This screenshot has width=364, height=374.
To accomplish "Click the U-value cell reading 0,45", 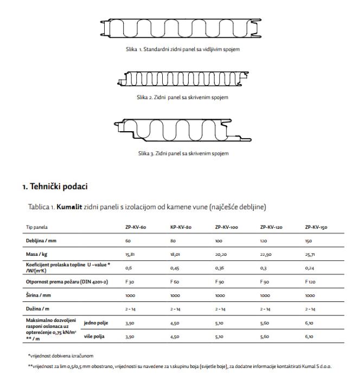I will pos(175,268).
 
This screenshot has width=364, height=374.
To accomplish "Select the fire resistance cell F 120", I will pos(311,282).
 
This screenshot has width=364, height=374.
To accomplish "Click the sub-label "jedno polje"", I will pos(95,323).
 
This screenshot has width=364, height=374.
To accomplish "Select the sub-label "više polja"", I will pos(94,337).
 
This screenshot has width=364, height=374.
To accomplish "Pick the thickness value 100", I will pos(219,240).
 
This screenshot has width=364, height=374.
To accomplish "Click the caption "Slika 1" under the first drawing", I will pos(181,50).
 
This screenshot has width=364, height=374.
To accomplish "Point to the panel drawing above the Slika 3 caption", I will pos(181,131).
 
